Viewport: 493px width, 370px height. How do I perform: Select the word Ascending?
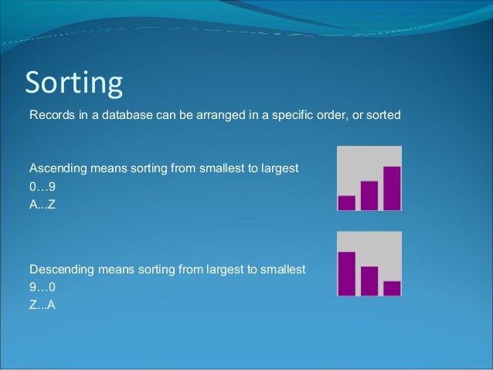(x=56, y=168)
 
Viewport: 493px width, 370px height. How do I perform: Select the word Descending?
(x=59, y=270)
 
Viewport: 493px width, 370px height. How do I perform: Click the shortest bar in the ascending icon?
(x=347, y=202)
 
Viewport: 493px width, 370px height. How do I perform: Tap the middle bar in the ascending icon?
(x=369, y=195)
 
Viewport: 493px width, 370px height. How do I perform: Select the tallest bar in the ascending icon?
(x=392, y=188)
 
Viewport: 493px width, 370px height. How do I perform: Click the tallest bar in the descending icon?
(x=347, y=273)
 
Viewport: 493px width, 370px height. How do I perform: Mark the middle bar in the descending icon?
(x=369, y=280)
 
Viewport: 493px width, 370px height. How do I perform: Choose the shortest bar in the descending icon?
(x=392, y=287)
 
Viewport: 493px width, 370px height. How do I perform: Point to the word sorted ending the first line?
(x=384, y=116)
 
